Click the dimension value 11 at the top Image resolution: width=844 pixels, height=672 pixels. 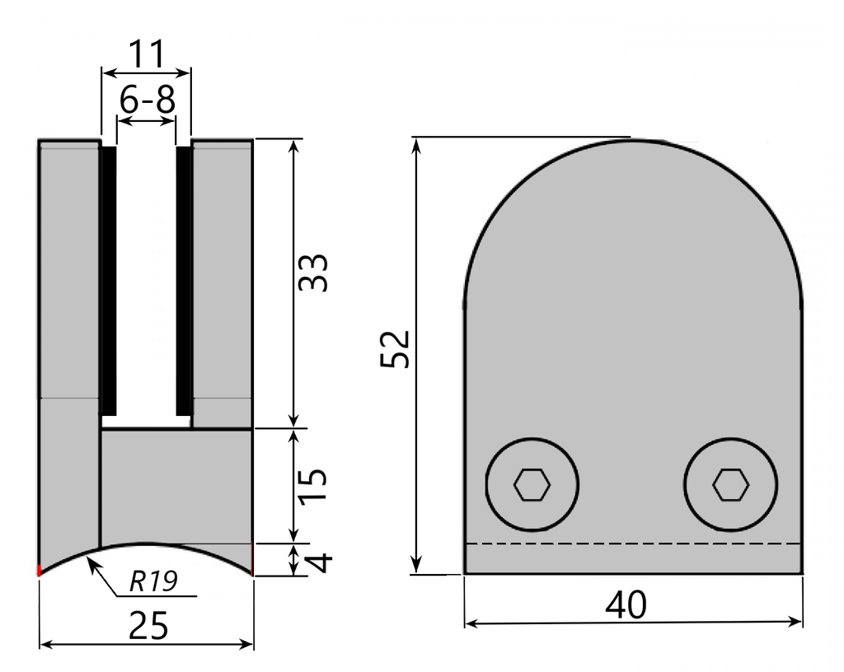click(145, 56)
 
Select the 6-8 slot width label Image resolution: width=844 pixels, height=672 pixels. click(147, 101)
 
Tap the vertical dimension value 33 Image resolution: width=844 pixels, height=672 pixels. click(314, 272)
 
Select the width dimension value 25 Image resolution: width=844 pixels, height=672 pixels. click(149, 626)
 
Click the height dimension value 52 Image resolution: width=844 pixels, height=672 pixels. click(395, 350)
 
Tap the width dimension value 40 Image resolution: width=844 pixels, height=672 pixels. click(626, 605)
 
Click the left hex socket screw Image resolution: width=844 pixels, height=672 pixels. click(532, 485)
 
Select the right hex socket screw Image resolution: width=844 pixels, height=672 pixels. click(730, 485)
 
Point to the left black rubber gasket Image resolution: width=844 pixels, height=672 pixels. click(107, 280)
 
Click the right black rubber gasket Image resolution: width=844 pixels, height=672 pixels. click(185, 280)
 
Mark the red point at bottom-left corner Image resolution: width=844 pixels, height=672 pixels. click(39, 570)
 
